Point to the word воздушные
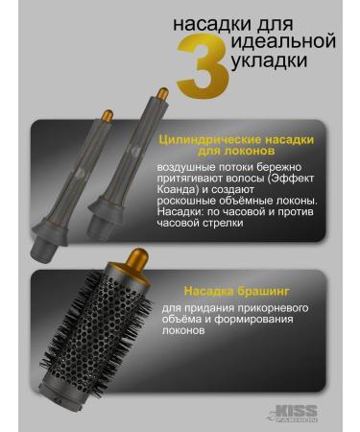192,169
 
